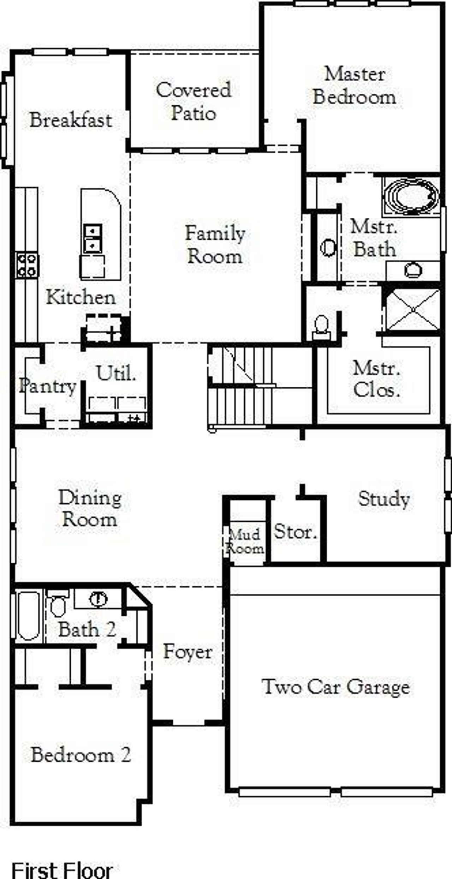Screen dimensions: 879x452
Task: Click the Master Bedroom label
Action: tap(354, 86)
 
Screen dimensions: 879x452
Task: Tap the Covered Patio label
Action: tap(194, 101)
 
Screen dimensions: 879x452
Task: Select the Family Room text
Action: tap(215, 245)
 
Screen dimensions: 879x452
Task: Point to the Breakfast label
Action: tap(71, 120)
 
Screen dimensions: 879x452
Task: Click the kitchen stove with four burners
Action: tap(27, 265)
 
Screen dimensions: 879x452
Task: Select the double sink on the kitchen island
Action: tap(93, 238)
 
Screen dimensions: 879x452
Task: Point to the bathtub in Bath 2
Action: tap(29, 616)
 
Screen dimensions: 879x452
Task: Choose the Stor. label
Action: tap(295, 532)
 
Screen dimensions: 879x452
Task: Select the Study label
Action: tap(384, 499)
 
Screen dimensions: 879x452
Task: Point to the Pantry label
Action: tap(48, 386)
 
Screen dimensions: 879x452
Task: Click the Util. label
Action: tap(116, 373)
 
